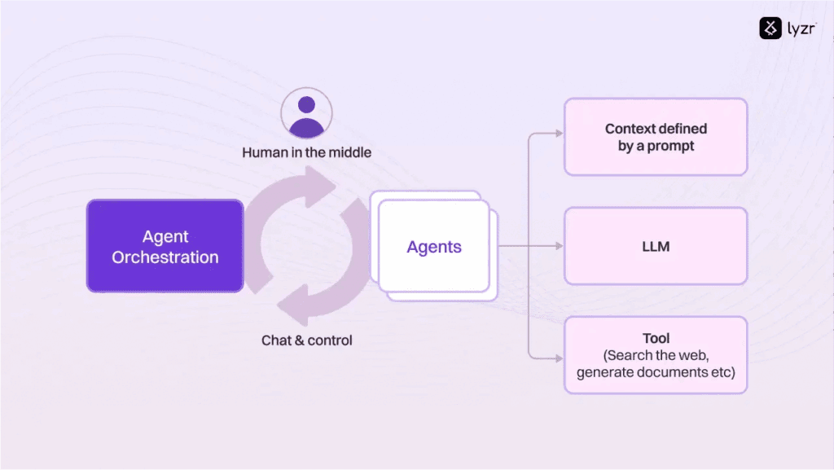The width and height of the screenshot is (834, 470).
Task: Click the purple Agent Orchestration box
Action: click(165, 246)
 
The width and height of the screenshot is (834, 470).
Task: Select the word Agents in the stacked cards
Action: click(434, 247)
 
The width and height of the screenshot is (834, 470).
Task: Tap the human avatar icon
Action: click(306, 114)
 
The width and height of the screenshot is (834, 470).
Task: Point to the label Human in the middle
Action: click(306, 152)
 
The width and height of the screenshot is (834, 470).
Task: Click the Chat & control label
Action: click(306, 340)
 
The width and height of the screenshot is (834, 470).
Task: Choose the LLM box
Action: click(655, 246)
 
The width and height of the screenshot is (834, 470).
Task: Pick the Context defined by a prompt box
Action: click(655, 137)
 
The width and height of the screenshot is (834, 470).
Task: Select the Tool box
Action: click(655, 355)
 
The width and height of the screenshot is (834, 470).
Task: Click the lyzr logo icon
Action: click(770, 29)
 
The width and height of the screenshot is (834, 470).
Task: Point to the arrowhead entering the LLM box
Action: click(558, 246)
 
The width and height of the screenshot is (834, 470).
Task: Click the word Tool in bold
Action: click(656, 339)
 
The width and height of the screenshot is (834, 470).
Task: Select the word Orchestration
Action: click(165, 257)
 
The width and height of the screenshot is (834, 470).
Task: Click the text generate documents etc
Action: click(656, 373)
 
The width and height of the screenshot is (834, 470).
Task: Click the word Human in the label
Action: click(265, 152)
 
